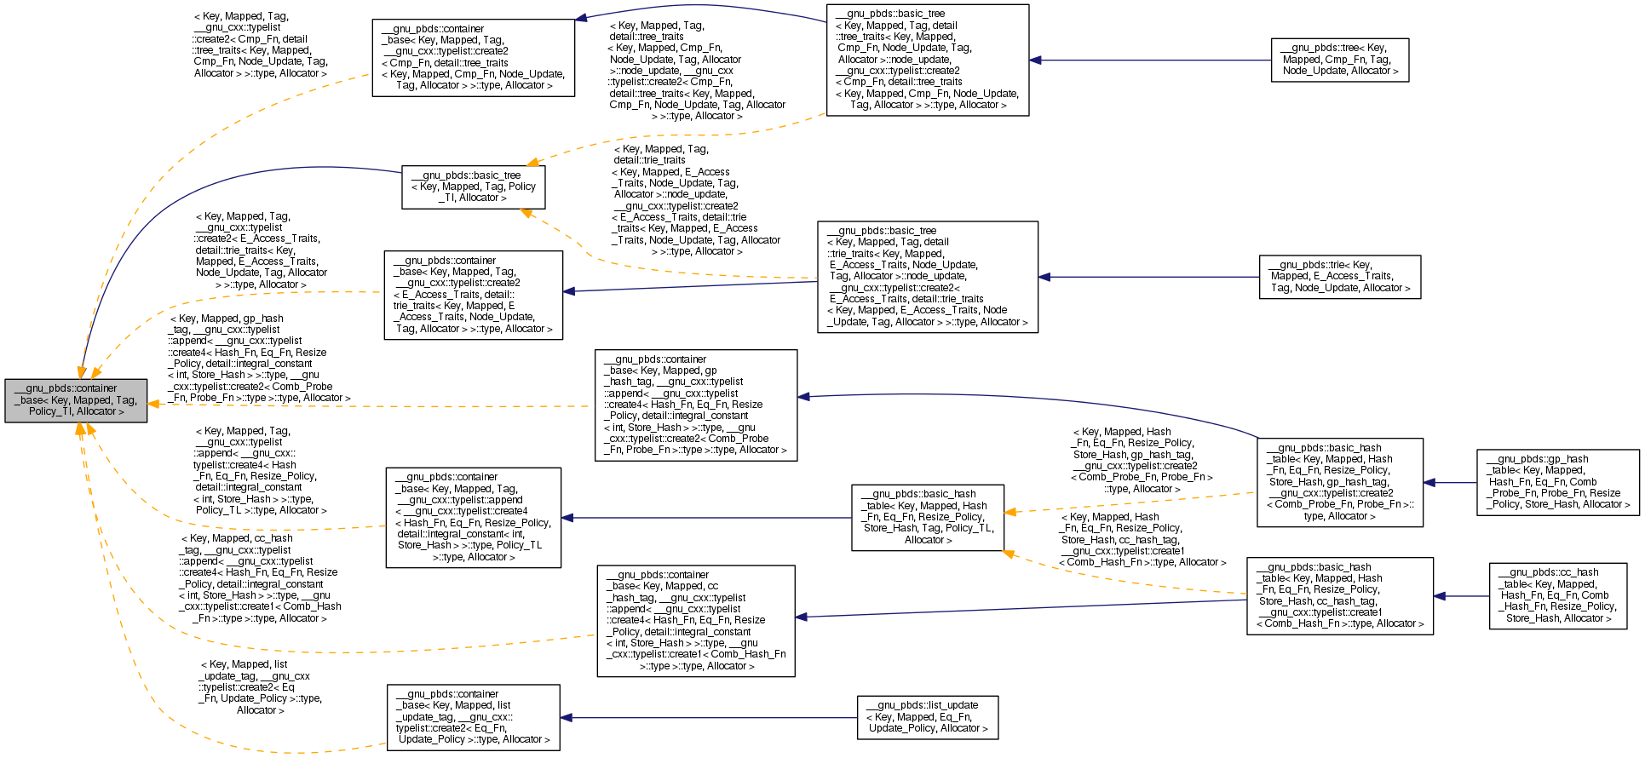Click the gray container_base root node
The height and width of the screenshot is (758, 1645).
click(x=76, y=400)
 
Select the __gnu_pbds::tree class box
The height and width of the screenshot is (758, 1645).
click(x=1339, y=60)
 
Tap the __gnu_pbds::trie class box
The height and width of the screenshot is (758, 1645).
click(x=1339, y=277)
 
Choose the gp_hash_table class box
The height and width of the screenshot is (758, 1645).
click(x=1558, y=482)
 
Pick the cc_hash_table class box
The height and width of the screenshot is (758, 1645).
click(x=1557, y=596)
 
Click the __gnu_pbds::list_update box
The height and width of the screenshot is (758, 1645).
click(x=927, y=717)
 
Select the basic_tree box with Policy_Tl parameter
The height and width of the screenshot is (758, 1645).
click(x=473, y=187)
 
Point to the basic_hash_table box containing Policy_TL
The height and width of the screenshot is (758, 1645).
click(x=927, y=517)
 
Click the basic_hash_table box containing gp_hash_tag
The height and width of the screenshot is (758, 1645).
click(x=1339, y=482)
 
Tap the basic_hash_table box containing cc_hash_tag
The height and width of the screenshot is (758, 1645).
click(x=1339, y=596)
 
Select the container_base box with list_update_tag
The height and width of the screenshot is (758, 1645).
click(x=473, y=717)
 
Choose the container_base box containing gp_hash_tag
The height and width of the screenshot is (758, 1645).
click(x=695, y=405)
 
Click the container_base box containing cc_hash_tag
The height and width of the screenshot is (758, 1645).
click(x=695, y=621)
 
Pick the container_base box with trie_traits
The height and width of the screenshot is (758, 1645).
click(x=473, y=295)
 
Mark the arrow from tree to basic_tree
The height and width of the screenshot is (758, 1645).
click(x=1150, y=60)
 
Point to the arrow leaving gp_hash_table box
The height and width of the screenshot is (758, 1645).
click(x=1450, y=482)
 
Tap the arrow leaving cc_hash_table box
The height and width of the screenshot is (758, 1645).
click(x=1461, y=596)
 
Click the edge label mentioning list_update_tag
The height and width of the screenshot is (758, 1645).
click(x=260, y=687)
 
